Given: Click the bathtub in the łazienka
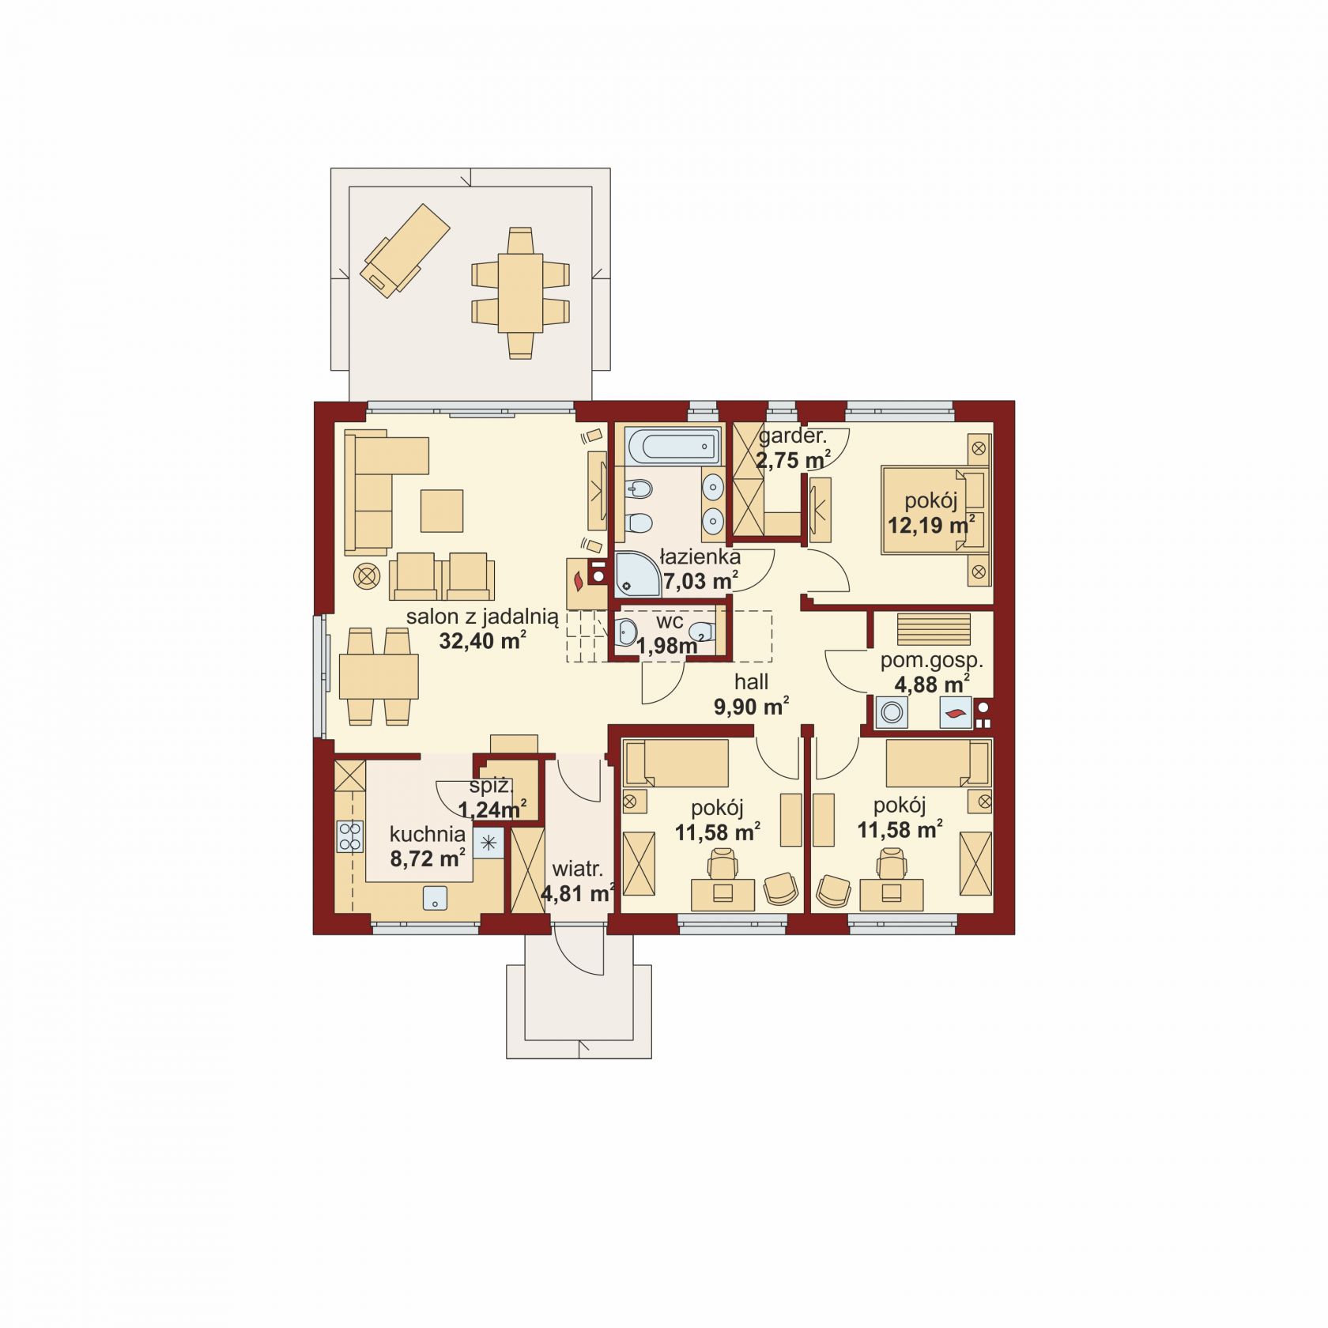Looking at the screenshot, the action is (673, 447).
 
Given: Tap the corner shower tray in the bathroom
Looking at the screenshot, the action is (637, 573).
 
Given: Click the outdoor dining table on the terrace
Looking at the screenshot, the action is (520, 292).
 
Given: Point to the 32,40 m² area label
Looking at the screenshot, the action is (483, 640).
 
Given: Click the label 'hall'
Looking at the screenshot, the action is (751, 681).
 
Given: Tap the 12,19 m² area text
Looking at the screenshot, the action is (930, 524).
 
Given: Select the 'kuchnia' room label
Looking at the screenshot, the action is (428, 833).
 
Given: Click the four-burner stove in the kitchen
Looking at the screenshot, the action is (350, 836).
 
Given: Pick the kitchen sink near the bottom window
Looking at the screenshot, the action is (435, 898).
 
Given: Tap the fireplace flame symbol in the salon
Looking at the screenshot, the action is (579, 581).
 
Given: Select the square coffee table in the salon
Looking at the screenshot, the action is (442, 511).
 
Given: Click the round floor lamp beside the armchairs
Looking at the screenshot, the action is (367, 576).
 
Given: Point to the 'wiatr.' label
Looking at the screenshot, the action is (577, 870).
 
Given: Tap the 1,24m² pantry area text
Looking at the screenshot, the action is (492, 809).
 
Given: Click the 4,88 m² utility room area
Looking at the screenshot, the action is (926, 683).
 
